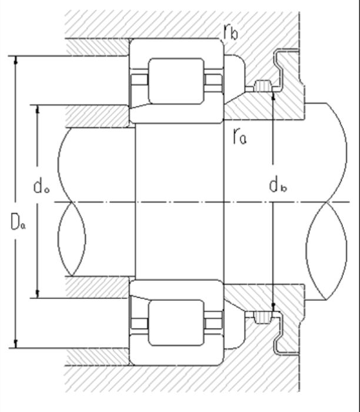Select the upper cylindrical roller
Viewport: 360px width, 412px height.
176,80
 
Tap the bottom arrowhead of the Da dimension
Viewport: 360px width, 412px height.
16,345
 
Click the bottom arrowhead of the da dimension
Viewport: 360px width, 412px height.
38,294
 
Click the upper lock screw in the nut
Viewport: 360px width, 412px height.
262,87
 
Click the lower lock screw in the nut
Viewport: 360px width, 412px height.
262,318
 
